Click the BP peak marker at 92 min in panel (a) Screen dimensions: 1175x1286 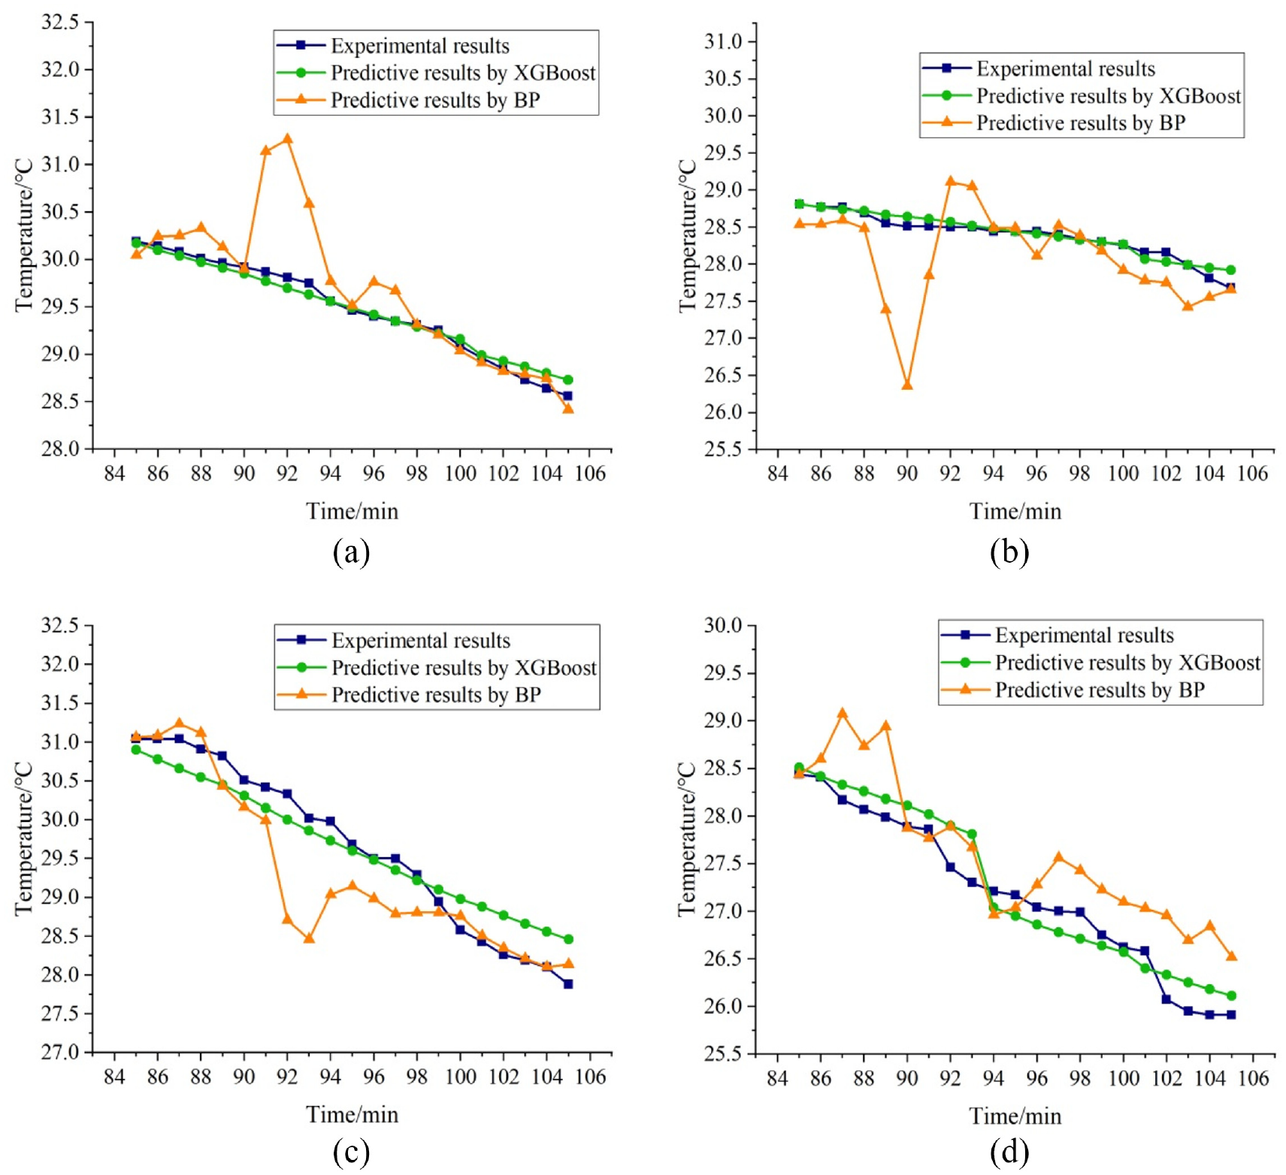pyautogui.click(x=287, y=139)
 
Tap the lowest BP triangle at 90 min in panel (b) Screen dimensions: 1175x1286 pyautogui.click(x=907, y=385)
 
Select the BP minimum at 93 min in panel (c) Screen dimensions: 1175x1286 pyautogui.click(x=309, y=938)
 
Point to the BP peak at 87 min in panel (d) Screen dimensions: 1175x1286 pyautogui.click(x=843, y=713)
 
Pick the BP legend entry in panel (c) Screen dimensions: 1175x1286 pyautogui.click(x=436, y=694)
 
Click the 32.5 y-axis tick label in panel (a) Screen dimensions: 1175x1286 pyautogui.click(x=60, y=22)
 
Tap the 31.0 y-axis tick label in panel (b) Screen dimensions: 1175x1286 pyautogui.click(x=723, y=41)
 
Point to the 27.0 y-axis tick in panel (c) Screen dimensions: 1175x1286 pyautogui.click(x=60, y=1052)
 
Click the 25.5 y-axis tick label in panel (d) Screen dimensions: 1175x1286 pyautogui.click(x=723, y=1053)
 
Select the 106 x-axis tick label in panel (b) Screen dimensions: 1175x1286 pyautogui.click(x=1252, y=473)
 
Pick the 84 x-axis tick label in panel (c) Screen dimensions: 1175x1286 pyautogui.click(x=114, y=1077)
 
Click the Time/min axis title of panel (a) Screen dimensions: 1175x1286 pyautogui.click(x=352, y=512)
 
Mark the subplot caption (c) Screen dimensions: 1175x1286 pyautogui.click(x=351, y=1151)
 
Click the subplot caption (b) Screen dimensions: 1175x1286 pyautogui.click(x=1009, y=552)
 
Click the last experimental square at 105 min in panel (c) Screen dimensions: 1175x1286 pyautogui.click(x=568, y=983)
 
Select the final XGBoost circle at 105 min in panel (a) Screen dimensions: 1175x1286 pyautogui.click(x=568, y=379)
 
